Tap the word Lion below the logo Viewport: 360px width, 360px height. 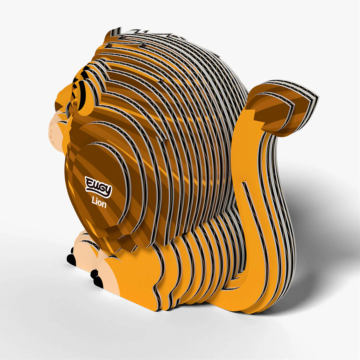(x=99, y=203)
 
